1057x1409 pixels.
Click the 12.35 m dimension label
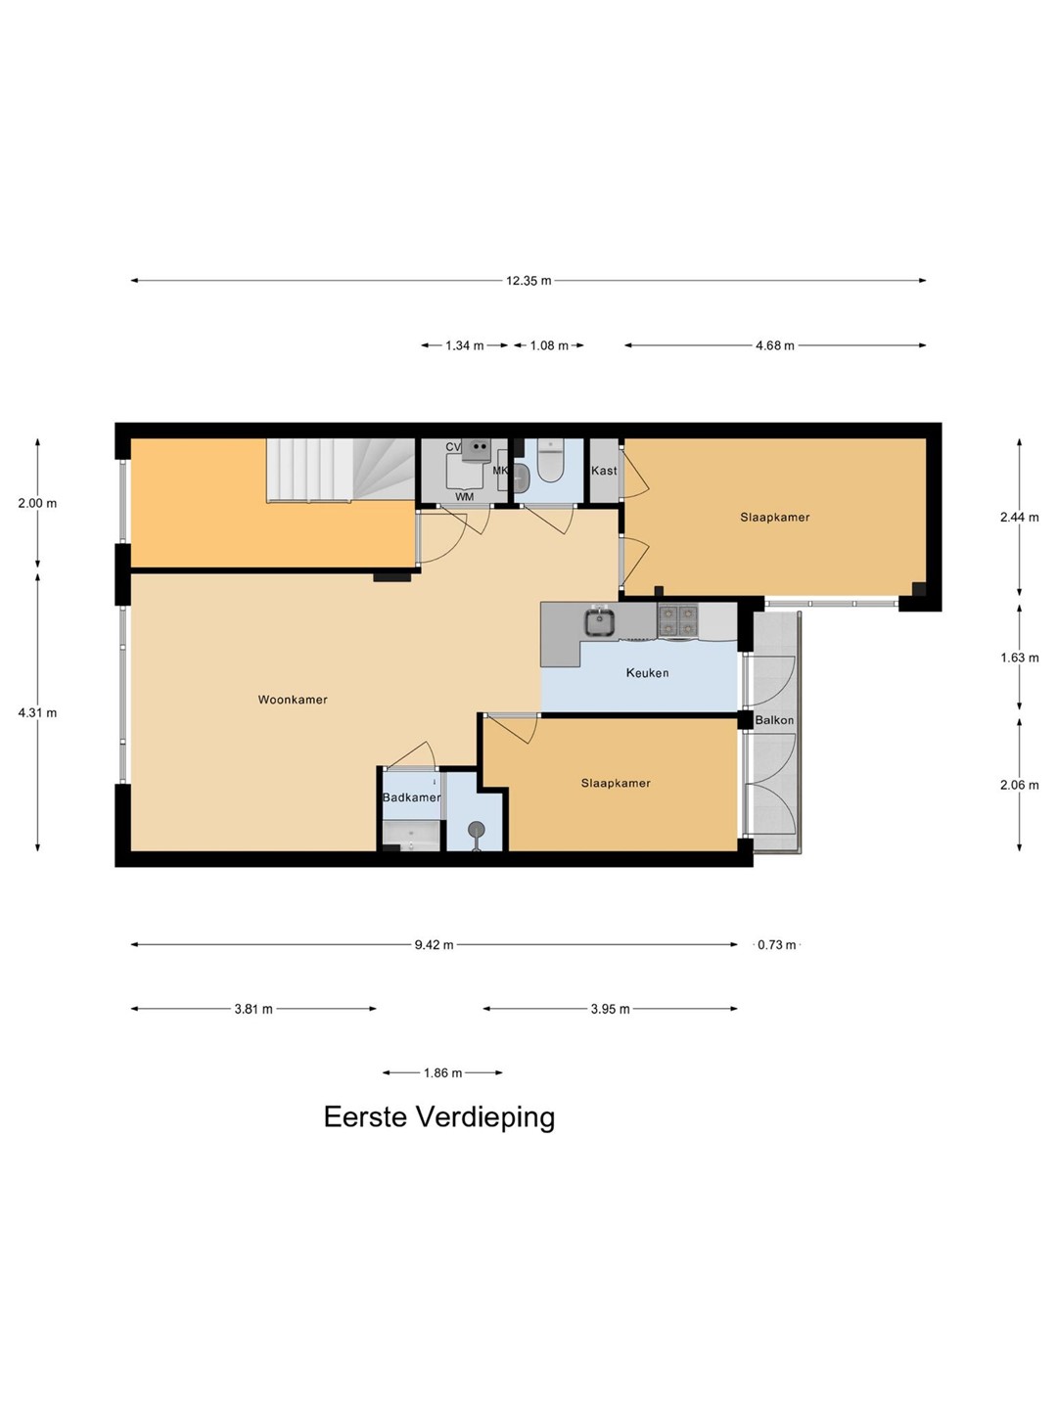[x=528, y=281]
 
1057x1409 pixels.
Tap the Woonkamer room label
[x=293, y=700]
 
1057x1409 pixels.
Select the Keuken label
[x=647, y=673]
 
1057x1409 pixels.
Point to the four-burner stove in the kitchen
[x=677, y=620]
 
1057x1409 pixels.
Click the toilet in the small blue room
[x=549, y=460]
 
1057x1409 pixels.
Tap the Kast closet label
[x=604, y=471]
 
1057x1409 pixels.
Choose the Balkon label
[x=774, y=720]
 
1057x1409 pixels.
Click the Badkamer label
[x=411, y=797]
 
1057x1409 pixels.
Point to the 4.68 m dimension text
[x=774, y=345]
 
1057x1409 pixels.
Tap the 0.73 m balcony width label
[x=776, y=945]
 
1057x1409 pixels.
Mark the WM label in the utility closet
[x=465, y=497]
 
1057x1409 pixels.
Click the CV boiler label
[x=454, y=447]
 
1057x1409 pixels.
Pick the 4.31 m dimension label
[x=37, y=712]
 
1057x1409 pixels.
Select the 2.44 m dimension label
[x=1019, y=518]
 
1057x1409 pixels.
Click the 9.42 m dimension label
[x=434, y=945]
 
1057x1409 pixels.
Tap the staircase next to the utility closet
[x=341, y=470]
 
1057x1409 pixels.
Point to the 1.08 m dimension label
[x=549, y=345]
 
